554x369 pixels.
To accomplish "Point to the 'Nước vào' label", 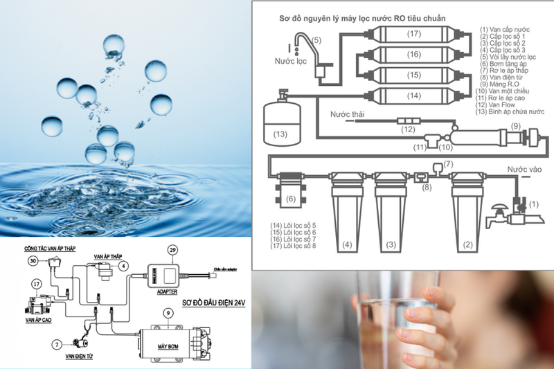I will coord(524,169).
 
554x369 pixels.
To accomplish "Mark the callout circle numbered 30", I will coord(32,261).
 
